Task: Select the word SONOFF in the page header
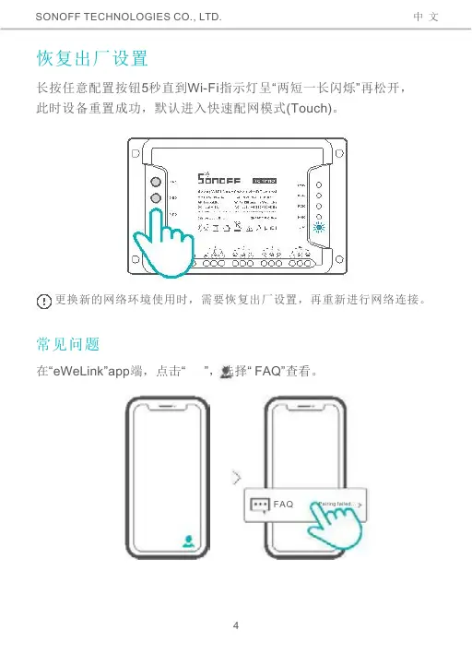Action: (64, 17)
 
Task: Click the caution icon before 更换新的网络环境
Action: (42, 302)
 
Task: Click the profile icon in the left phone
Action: (188, 542)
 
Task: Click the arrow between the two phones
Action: (238, 478)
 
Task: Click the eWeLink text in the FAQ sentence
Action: (77, 372)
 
